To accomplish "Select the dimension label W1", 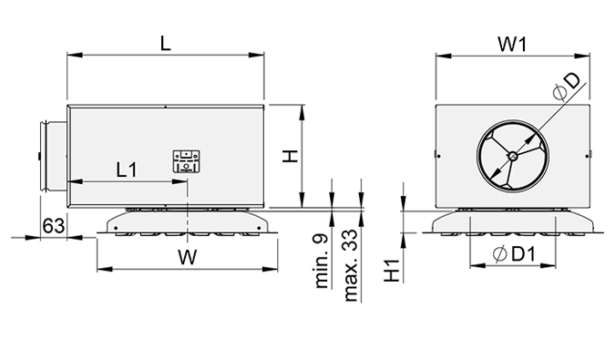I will pyautogui.click(x=515, y=41).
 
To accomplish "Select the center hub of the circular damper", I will pyautogui.click(x=514, y=156).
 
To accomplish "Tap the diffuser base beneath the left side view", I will pyautogui.click(x=188, y=224).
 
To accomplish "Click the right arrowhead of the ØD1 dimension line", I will pyautogui.click(x=556, y=270).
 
